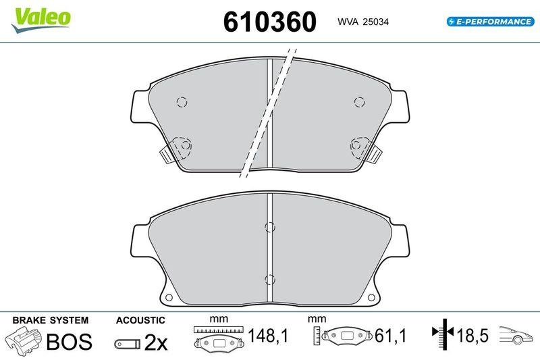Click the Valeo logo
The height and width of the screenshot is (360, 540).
point(40,20)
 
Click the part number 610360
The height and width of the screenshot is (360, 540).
point(269,22)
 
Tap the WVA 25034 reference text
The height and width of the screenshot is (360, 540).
point(363,22)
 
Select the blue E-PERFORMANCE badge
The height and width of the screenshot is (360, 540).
point(491,22)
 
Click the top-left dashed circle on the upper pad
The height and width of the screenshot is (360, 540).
point(182,102)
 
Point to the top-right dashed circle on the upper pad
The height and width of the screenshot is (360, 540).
point(360,102)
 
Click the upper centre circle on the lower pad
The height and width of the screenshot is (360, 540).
point(269,227)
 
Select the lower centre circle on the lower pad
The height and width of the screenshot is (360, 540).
point(269,280)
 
